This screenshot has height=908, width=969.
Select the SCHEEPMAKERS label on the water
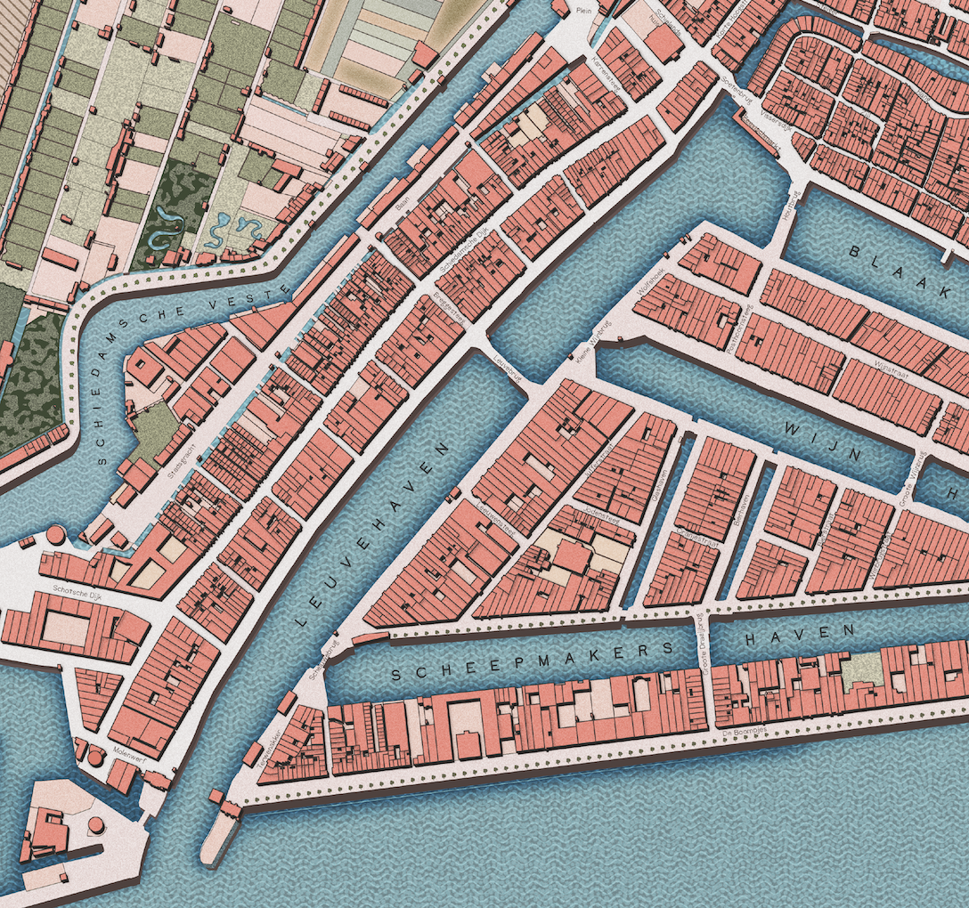pyautogui.click(x=533, y=661)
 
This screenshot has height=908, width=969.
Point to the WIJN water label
pyautogui.click(x=823, y=442)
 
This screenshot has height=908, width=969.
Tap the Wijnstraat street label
pyautogui.click(x=888, y=367)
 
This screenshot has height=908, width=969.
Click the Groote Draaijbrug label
pyautogui.click(x=704, y=643)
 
